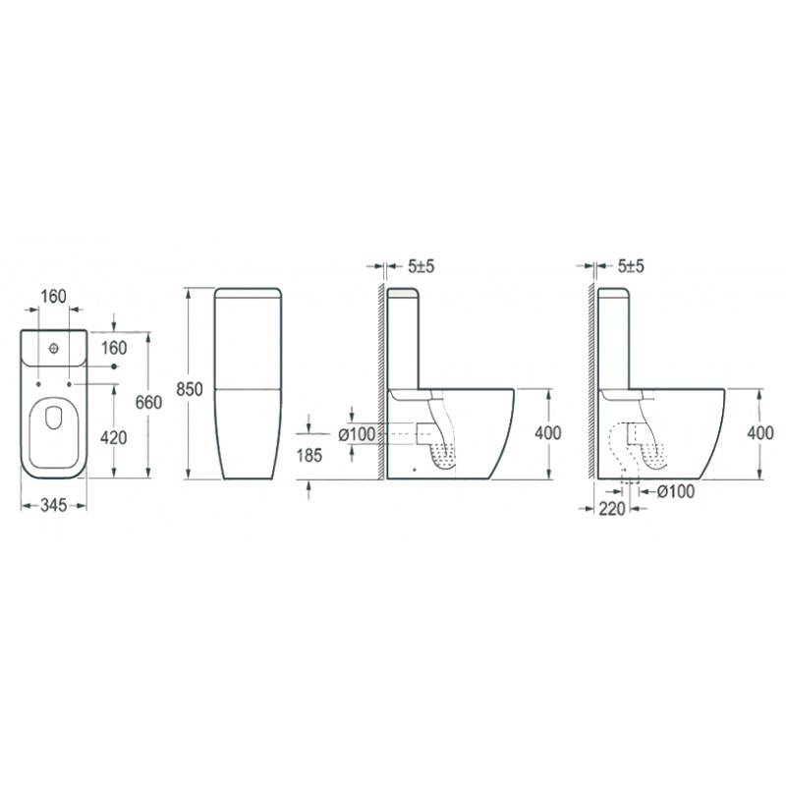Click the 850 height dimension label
[x=190, y=389]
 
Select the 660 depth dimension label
[x=149, y=402]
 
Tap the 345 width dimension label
[x=54, y=505]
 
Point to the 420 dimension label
[x=114, y=437]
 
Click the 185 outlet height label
[x=309, y=455]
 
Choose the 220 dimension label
[x=612, y=509]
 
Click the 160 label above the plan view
[x=53, y=297]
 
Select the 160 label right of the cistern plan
[x=114, y=348]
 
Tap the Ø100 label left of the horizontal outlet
[x=357, y=434]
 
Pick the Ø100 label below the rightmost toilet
[x=676, y=492]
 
